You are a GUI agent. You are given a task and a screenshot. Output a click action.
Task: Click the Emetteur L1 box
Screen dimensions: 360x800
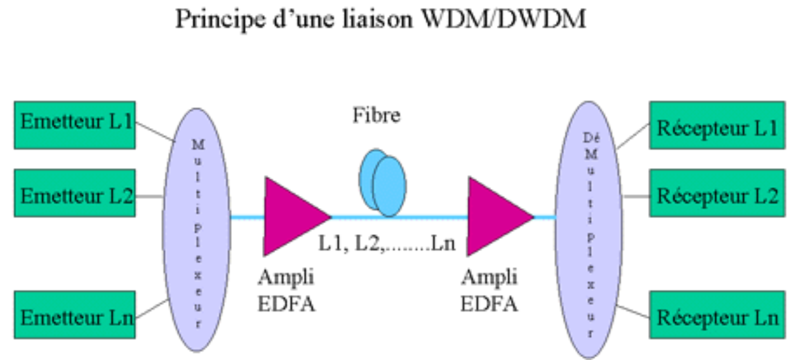tap(75, 125)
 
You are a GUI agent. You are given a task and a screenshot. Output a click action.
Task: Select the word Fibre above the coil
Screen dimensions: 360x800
tap(377, 115)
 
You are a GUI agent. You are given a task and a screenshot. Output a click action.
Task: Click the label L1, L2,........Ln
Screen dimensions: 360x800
tap(387, 244)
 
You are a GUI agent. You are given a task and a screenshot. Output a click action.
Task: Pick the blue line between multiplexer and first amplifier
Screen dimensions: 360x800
tap(247, 217)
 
